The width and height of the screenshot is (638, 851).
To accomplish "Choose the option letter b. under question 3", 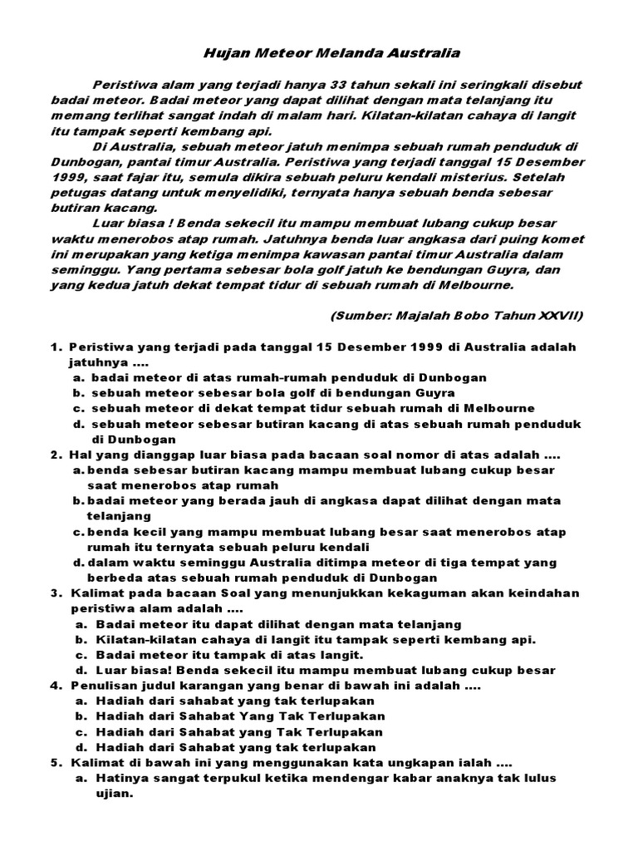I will click(81, 639).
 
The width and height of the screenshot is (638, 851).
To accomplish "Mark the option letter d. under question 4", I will click(81, 748).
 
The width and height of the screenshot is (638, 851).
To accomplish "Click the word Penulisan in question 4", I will click(100, 686).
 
